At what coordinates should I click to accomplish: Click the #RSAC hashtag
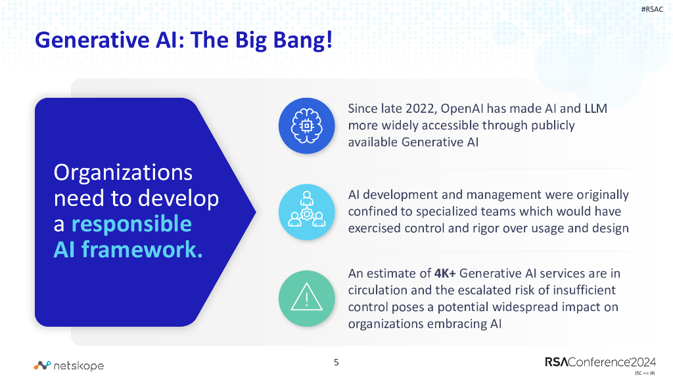(653, 10)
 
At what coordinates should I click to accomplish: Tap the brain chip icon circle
(304, 126)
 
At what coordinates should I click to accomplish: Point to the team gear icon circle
(304, 210)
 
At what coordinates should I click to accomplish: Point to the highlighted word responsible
(131, 224)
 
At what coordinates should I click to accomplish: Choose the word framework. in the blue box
(142, 249)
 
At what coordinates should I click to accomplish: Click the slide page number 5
(336, 362)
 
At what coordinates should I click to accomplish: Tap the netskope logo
(69, 365)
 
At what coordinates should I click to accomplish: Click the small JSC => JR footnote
(644, 373)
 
